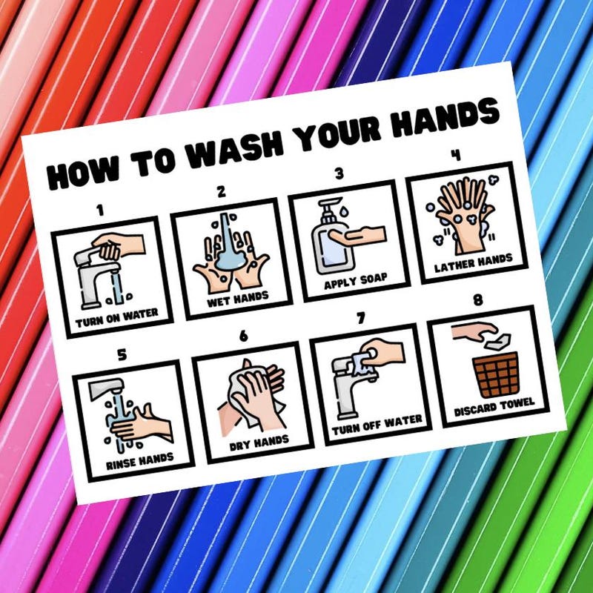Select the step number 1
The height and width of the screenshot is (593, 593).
pyautogui.click(x=99, y=211)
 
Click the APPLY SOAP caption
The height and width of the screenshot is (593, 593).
pyautogui.click(x=355, y=282)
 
